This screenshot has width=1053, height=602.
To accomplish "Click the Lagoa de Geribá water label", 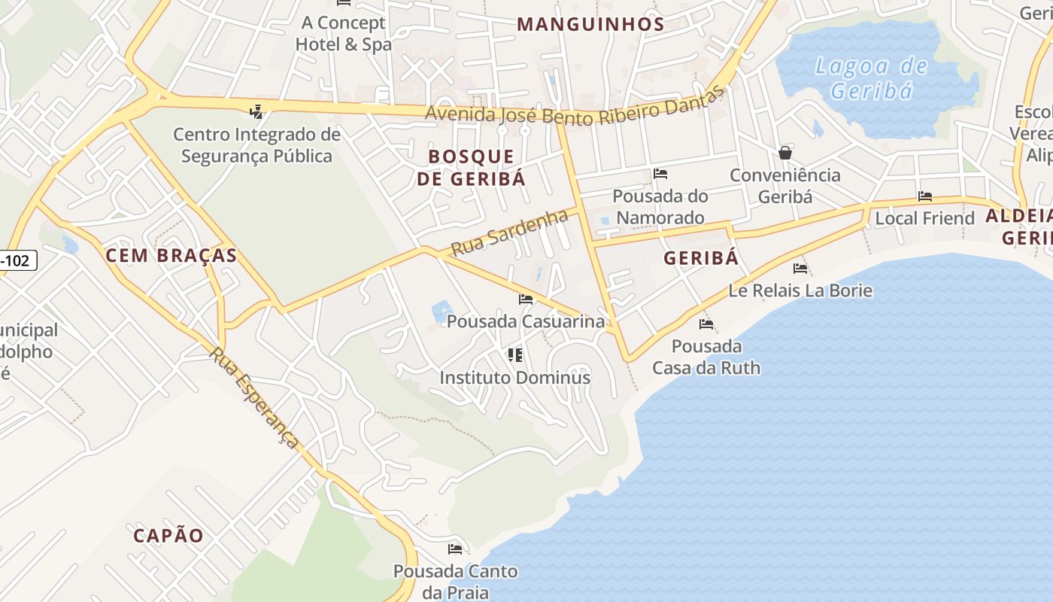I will pyautogui.click(x=872, y=78).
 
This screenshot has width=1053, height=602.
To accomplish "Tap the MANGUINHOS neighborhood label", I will pyautogui.click(x=590, y=24).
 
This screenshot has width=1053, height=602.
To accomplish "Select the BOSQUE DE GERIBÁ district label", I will pyautogui.click(x=472, y=167).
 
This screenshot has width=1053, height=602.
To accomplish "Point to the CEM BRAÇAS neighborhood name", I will pyautogui.click(x=171, y=255).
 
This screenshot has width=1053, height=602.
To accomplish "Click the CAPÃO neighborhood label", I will pyautogui.click(x=168, y=535).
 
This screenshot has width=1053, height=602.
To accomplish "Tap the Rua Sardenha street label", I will pyautogui.click(x=509, y=233).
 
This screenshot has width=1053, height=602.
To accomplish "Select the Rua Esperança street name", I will pyautogui.click(x=254, y=397).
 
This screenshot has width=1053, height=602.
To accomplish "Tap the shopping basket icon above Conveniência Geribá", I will pyautogui.click(x=785, y=153).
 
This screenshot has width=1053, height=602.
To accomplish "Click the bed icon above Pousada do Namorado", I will pyautogui.click(x=660, y=174).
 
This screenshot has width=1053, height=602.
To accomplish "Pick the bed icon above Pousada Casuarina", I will pyautogui.click(x=526, y=299).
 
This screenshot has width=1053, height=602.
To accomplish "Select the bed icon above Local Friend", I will pyautogui.click(x=925, y=196).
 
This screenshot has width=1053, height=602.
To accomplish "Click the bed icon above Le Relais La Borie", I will pyautogui.click(x=800, y=268).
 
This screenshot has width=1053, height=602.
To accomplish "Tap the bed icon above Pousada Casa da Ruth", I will pyautogui.click(x=706, y=324).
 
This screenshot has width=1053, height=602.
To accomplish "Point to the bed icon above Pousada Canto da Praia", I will pyautogui.click(x=455, y=549).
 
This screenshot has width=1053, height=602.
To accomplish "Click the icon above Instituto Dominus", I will pyautogui.click(x=515, y=354).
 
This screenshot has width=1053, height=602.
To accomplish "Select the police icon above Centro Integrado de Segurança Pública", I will pyautogui.click(x=256, y=112).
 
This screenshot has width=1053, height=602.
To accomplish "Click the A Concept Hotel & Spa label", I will pyautogui.click(x=343, y=33).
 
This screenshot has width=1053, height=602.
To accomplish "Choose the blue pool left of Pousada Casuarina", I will pyautogui.click(x=442, y=311).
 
